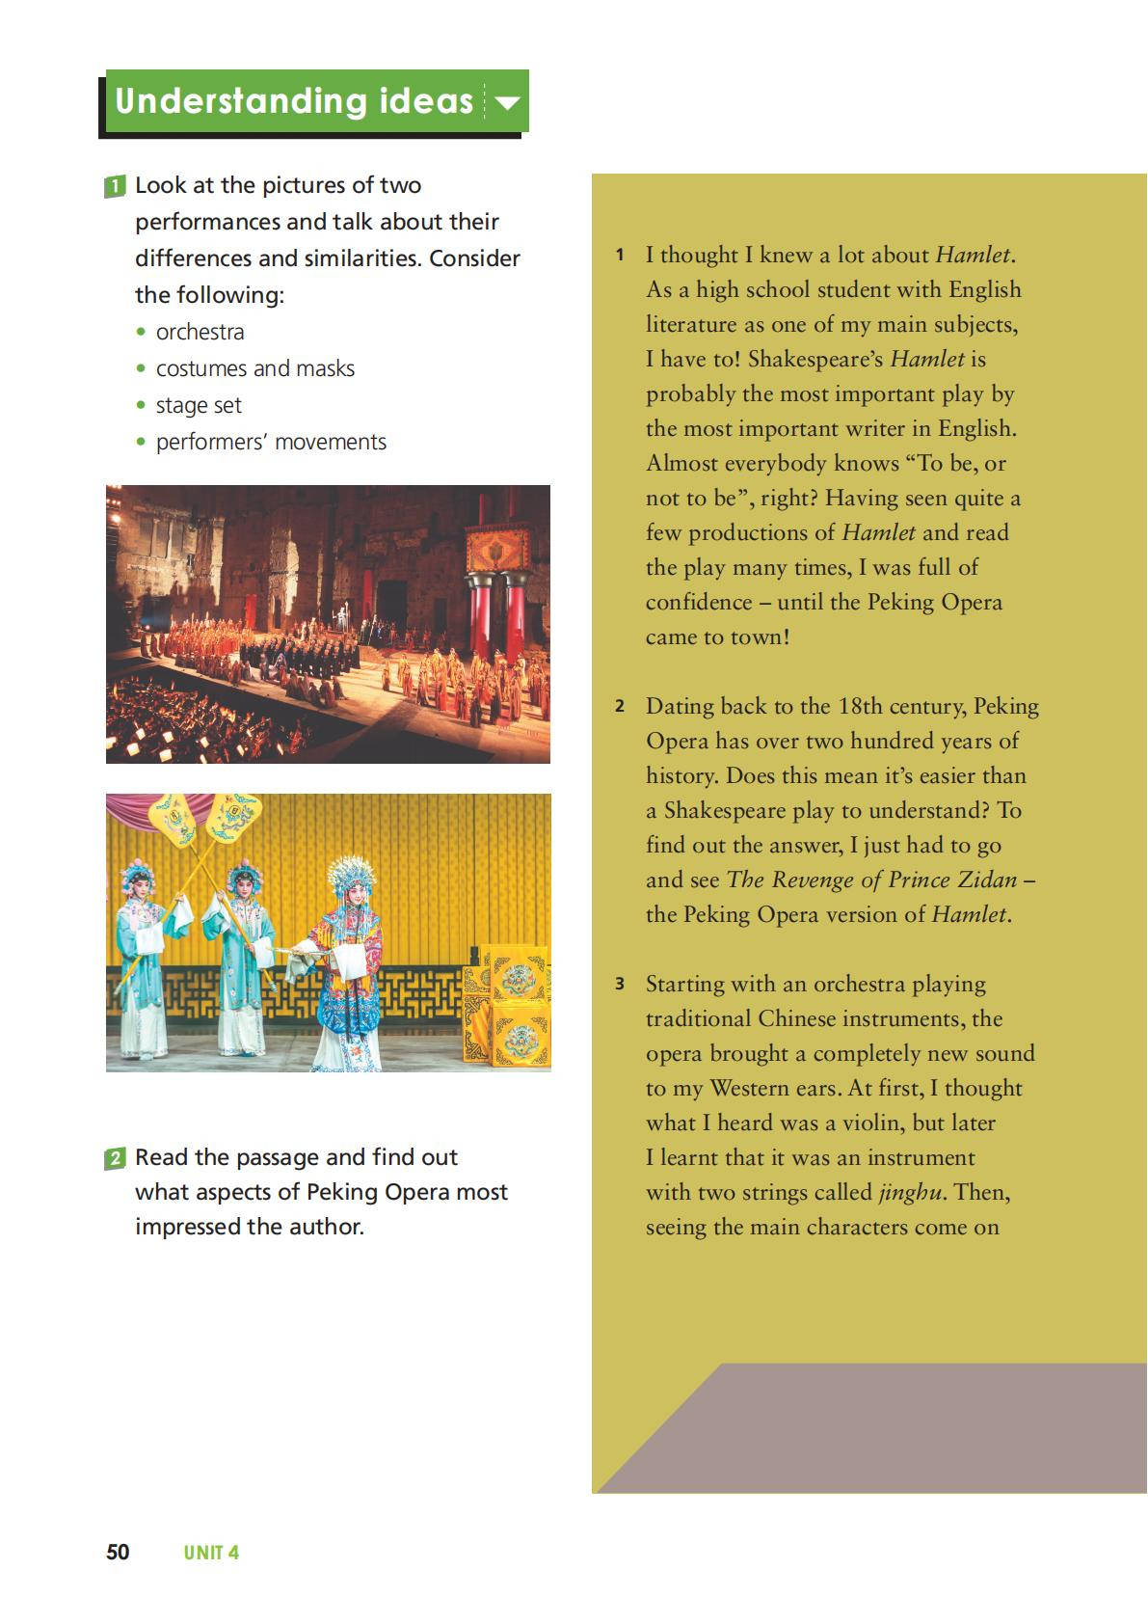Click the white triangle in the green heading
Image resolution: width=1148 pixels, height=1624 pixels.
507,101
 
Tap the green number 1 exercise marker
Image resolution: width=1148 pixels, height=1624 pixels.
115,186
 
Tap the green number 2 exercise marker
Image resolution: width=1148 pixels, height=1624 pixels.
115,1158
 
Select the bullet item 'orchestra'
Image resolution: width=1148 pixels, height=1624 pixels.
200,332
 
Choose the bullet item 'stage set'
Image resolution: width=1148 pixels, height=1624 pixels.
199,405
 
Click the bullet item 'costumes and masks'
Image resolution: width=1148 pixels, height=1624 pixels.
254,368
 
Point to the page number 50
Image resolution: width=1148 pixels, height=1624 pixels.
118,1552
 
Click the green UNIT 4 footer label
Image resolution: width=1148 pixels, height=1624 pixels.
211,1553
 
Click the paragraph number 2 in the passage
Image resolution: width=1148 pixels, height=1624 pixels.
620,706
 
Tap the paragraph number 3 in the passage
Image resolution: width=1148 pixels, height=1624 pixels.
620,984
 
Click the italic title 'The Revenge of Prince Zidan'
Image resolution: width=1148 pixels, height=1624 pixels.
871,880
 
